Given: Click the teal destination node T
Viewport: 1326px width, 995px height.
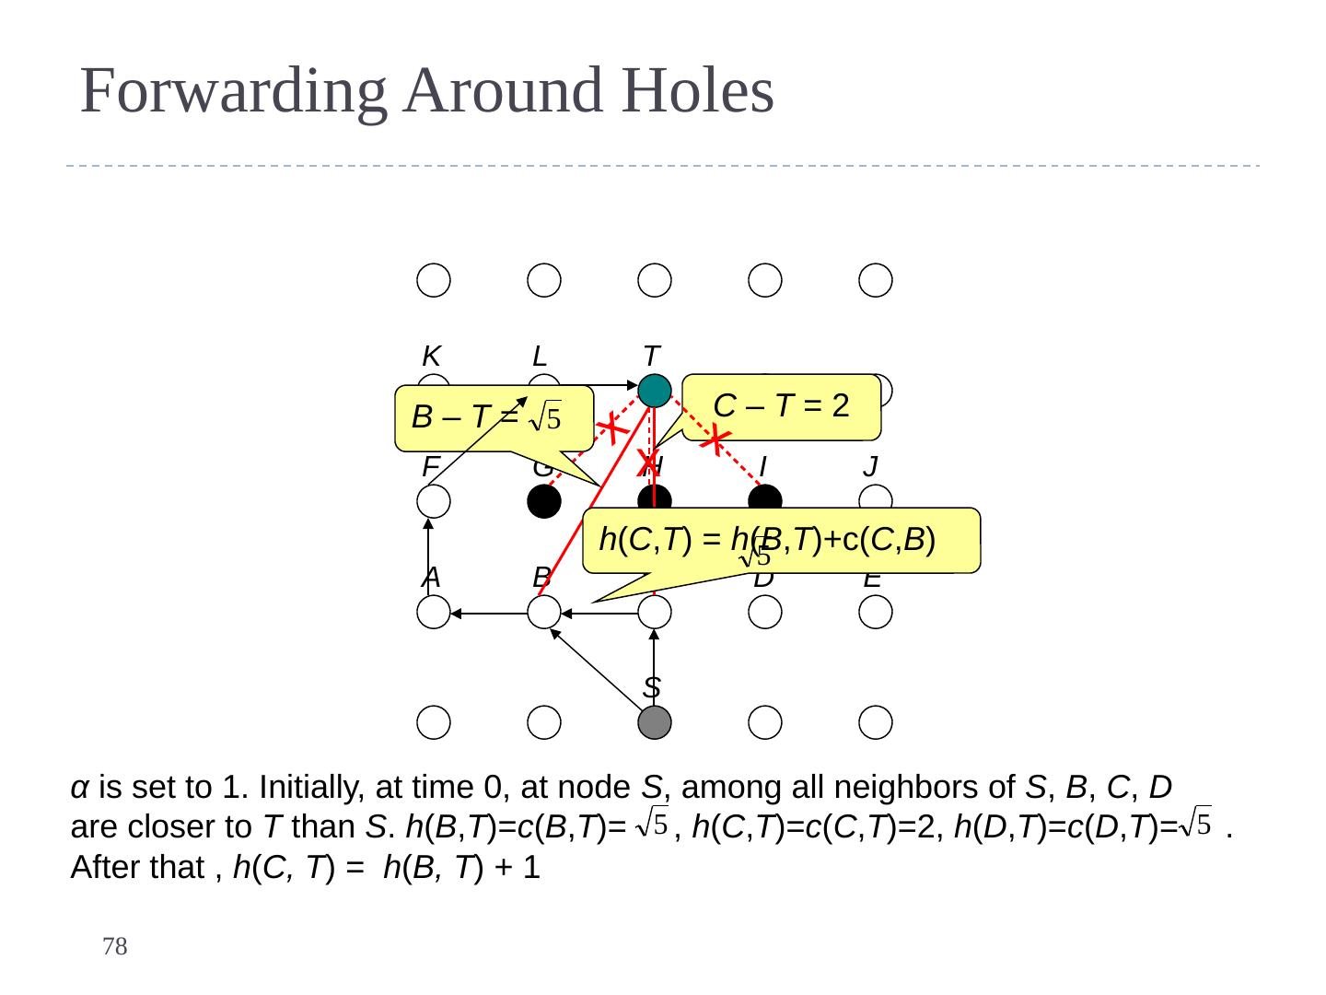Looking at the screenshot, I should [654, 391].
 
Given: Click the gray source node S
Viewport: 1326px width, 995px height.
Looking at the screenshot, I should [654, 722].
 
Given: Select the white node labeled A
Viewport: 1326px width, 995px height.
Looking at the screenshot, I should [433, 612].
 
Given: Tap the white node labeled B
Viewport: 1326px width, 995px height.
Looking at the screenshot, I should [544, 612].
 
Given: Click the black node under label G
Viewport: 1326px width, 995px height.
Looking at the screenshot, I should [544, 501].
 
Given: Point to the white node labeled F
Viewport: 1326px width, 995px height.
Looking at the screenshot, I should [433, 501].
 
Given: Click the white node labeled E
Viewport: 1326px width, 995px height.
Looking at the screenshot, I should [875, 612].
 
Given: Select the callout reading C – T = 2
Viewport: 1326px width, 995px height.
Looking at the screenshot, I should [783, 406].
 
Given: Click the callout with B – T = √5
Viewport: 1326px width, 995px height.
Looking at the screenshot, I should [494, 418].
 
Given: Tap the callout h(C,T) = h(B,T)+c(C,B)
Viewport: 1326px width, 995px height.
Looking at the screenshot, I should [781, 540].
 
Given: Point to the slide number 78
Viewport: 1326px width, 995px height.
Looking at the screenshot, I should [114, 946].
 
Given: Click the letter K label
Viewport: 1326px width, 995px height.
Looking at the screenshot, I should [431, 356].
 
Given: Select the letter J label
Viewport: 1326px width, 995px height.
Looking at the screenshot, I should [870, 467].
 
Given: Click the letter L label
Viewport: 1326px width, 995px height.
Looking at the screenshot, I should [541, 356].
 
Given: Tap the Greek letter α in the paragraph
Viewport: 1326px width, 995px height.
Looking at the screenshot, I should [80, 789].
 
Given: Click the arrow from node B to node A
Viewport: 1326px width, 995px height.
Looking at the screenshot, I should [488, 613].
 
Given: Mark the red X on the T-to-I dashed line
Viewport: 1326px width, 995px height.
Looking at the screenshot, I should [715, 439].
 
